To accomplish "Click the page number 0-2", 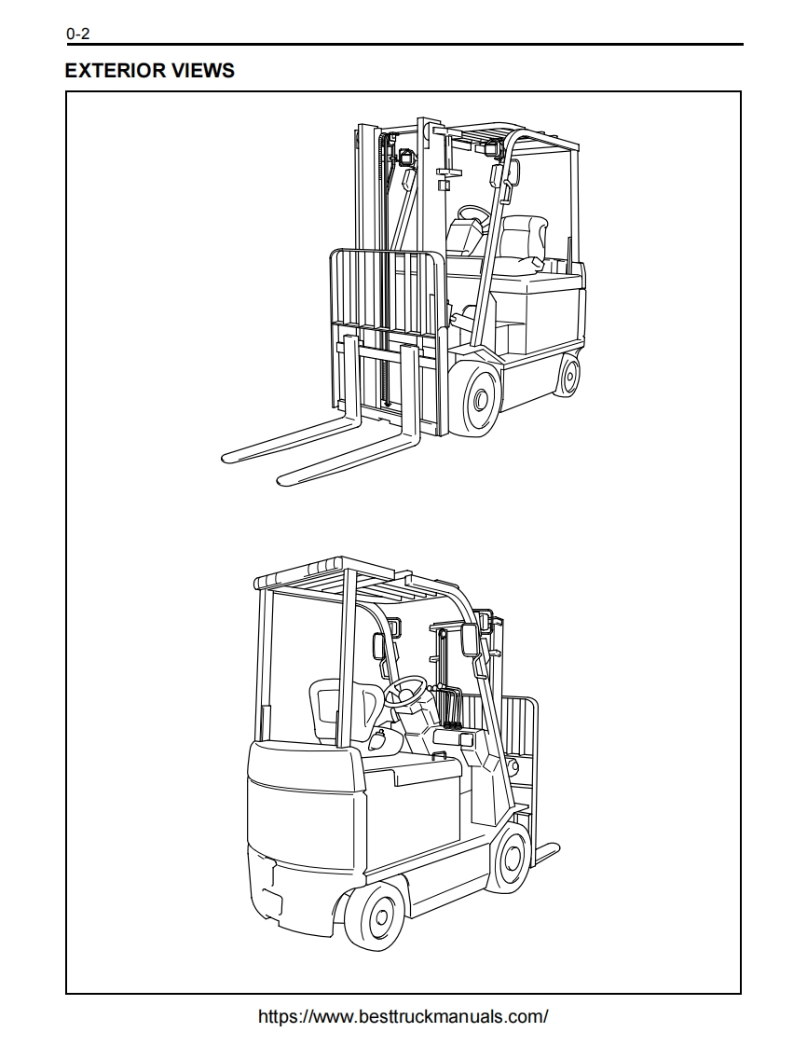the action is point(77,34).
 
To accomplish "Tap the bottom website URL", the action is point(403,1017).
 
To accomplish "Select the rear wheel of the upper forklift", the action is point(568,375).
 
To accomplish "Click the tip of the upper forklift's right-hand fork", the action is point(281,479).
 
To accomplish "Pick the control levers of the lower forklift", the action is point(452,707).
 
